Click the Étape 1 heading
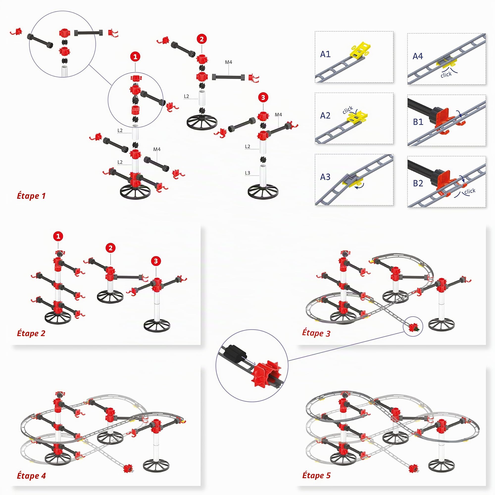click(x=31, y=196)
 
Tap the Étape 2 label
click(x=31, y=333)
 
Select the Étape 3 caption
click(x=316, y=333)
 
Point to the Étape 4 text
click(x=31, y=476)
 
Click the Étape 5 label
click(x=316, y=475)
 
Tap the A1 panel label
click(x=325, y=54)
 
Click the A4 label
click(x=418, y=56)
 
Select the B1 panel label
click(x=418, y=122)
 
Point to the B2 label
click(x=418, y=183)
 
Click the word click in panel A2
click(x=348, y=110)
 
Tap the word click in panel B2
click(x=470, y=191)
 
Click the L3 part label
click(x=247, y=173)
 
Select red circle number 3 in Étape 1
click(x=263, y=98)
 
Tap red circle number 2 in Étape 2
click(x=110, y=248)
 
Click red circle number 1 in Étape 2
click(x=58, y=236)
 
